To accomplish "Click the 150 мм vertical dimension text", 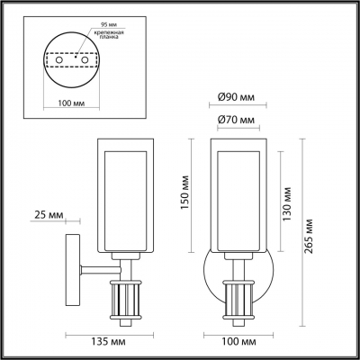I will coord(184,191).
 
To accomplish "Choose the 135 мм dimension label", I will coord(106,342).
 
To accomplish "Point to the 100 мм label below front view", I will coord(236,342).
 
